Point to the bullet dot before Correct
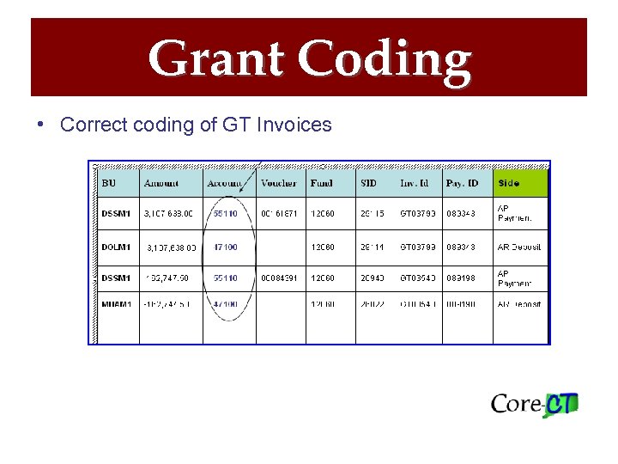[41, 125]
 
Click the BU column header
[109, 183]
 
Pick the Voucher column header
[278, 183]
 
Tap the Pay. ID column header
[463, 183]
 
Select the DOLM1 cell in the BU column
[116, 247]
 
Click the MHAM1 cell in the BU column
[116, 304]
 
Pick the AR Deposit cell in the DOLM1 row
[520, 247]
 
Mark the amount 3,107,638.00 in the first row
[169, 213]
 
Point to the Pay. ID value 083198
[462, 278]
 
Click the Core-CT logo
[534, 404]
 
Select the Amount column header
[161, 183]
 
